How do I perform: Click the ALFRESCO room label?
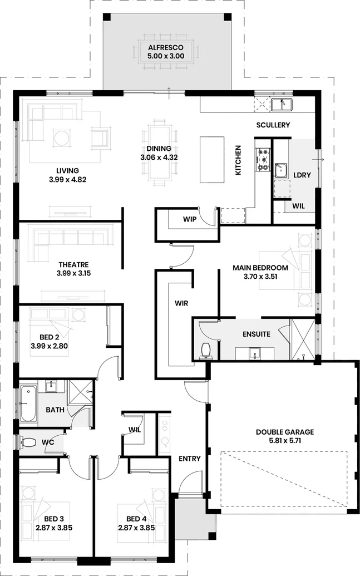(x=166, y=47)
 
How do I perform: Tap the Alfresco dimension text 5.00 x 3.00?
(x=166, y=56)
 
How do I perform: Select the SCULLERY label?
(x=273, y=125)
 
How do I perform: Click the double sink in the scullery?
(x=282, y=104)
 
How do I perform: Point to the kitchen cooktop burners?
(x=263, y=159)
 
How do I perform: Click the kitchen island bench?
(x=212, y=159)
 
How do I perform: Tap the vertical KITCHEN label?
(x=238, y=160)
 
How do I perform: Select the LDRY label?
(x=302, y=175)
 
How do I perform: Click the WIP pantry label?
(x=190, y=219)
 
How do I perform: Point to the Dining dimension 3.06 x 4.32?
(x=159, y=157)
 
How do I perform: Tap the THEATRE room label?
(x=73, y=264)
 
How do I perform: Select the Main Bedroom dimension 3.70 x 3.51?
(x=260, y=277)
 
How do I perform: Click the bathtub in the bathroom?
(x=28, y=403)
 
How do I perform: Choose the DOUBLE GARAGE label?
(x=285, y=432)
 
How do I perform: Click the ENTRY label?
(x=190, y=459)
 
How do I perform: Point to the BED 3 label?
(x=53, y=519)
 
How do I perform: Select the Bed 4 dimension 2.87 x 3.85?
(x=136, y=528)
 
